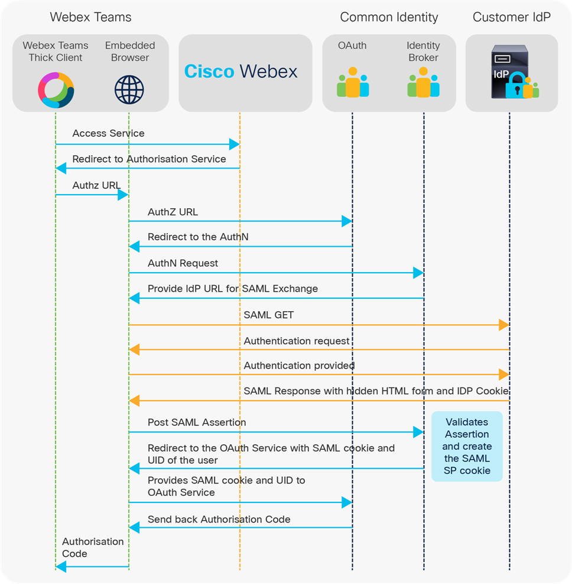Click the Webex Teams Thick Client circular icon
pos(56,89)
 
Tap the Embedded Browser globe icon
pos(129,89)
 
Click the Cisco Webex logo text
pos(240,72)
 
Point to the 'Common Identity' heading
pos(389,17)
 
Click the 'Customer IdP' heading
pos(511,17)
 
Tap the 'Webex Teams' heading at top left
pos(90,17)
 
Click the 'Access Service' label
pos(108,134)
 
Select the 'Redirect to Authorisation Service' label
pos(149,159)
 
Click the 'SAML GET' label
pos(268,315)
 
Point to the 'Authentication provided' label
pos(299,366)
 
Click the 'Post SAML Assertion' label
pos(197,422)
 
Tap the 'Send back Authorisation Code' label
pos(219,520)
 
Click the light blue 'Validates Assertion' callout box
pos(467,446)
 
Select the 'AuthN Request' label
pos(183,263)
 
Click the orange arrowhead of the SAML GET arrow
pos(504,324)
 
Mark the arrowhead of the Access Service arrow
pos(235,144)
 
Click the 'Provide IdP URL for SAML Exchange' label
pos(232,289)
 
